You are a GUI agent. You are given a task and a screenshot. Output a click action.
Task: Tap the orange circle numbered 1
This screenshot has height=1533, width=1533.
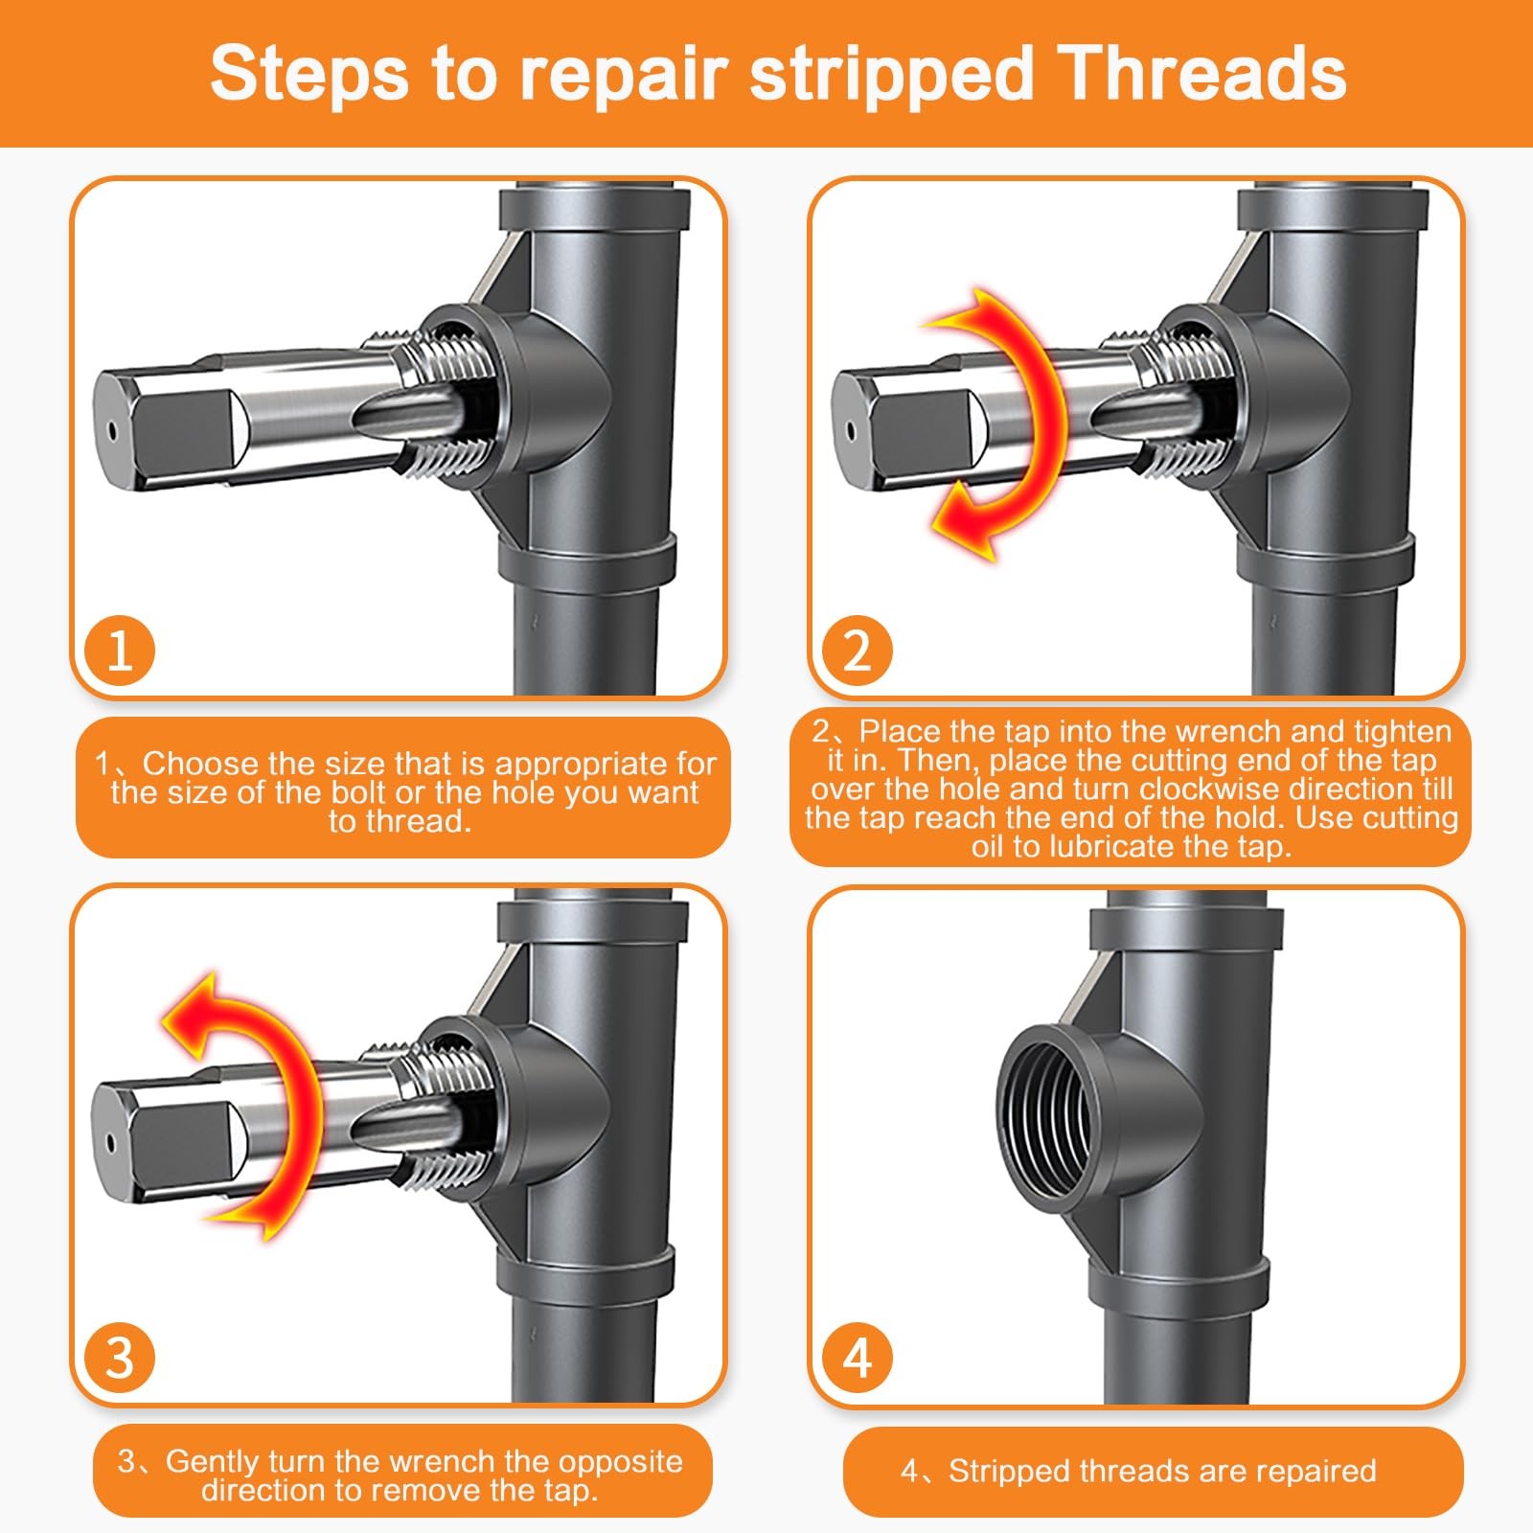click(120, 651)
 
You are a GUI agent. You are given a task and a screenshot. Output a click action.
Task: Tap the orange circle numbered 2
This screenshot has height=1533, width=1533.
click(857, 651)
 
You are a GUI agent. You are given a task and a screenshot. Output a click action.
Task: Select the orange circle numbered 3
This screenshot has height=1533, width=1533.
click(120, 1358)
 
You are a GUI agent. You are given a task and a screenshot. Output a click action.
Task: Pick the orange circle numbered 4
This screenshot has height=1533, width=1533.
click(857, 1358)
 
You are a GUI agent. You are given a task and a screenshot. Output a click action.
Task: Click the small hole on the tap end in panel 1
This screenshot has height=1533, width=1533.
click(112, 431)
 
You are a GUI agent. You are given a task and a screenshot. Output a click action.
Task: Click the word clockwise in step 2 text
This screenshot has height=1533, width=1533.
click(1210, 789)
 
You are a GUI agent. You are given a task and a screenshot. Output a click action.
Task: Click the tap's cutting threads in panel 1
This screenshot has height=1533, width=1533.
click(450, 402)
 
